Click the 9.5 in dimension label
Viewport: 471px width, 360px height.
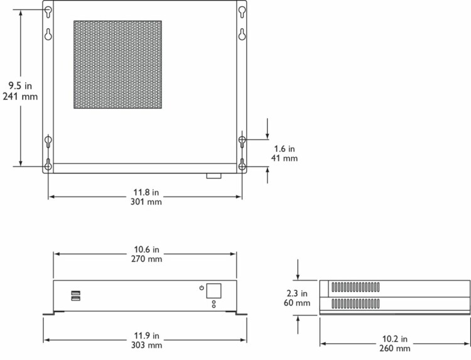click(x=20, y=86)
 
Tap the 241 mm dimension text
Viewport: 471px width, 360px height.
click(x=20, y=97)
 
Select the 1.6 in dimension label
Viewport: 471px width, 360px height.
click(x=284, y=149)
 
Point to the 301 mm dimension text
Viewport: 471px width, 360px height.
click(x=146, y=202)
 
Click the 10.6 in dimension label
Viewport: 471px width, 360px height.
click(x=146, y=249)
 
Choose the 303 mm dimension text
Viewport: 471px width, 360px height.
click(x=146, y=345)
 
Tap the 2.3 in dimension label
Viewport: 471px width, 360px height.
click(x=297, y=293)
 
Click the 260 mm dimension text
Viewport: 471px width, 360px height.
click(x=395, y=349)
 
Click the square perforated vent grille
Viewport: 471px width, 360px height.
click(x=118, y=65)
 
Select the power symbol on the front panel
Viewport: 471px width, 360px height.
click(x=202, y=288)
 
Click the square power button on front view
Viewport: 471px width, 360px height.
click(x=214, y=291)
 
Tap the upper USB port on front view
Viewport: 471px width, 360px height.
click(x=76, y=293)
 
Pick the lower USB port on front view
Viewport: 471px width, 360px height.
click(x=76, y=298)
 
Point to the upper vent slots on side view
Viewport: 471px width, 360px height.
click(x=355, y=287)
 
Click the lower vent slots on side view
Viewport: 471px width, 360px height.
click(x=355, y=304)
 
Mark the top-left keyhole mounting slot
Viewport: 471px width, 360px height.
click(x=48, y=11)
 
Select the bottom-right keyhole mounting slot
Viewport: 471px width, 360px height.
click(x=242, y=165)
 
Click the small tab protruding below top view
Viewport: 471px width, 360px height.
click(x=214, y=176)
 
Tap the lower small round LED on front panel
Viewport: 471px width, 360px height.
click(x=214, y=306)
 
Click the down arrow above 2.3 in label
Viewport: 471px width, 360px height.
click(x=298, y=270)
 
